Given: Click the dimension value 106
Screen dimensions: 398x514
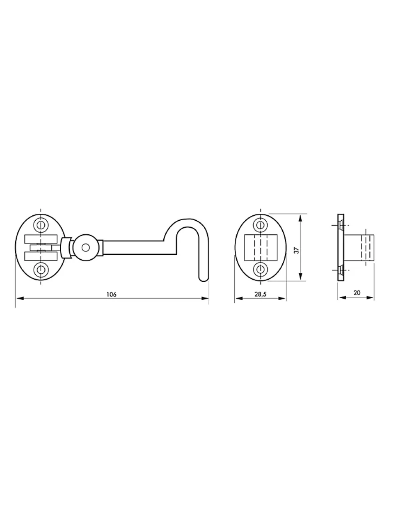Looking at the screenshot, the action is (x=111, y=295).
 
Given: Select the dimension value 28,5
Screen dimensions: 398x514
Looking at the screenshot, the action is (x=261, y=294).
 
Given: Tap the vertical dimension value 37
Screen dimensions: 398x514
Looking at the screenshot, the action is (x=297, y=250).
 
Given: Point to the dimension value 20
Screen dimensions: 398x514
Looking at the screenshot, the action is (x=357, y=293).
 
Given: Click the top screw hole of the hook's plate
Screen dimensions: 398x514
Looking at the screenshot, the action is (x=41, y=224).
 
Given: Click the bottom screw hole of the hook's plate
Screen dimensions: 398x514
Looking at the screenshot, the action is (x=41, y=269).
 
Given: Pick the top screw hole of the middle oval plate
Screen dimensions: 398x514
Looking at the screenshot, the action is (x=261, y=224).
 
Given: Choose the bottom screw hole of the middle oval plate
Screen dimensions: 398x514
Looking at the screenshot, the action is (x=261, y=269).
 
